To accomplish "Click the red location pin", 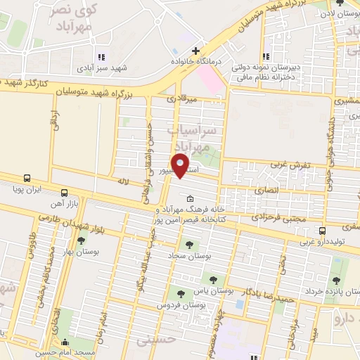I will pos(181,165).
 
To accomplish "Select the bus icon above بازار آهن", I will pos(65,192).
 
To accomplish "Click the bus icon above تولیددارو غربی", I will pos(323,231).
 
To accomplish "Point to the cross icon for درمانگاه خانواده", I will pos(195,51).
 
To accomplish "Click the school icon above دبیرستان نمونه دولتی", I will pos(266,56).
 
